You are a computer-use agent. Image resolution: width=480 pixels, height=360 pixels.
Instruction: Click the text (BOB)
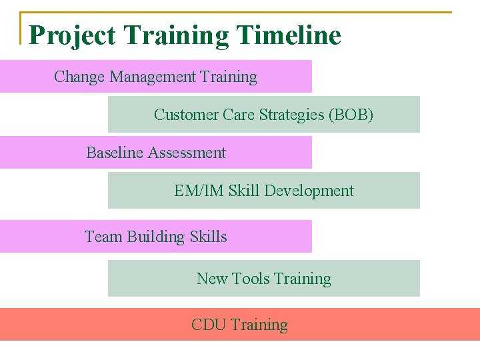pos(351,115)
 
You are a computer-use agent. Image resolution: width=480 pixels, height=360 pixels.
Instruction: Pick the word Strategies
pos(291,115)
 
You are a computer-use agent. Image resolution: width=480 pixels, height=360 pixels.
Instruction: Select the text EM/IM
pos(199,191)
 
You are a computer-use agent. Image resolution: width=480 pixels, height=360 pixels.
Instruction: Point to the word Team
pos(103,237)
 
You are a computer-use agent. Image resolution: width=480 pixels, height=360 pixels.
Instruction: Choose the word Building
pos(156,237)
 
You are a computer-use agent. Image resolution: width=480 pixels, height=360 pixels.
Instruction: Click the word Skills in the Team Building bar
pos(208,237)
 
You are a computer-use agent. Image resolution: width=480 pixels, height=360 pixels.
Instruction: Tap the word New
pos(212,279)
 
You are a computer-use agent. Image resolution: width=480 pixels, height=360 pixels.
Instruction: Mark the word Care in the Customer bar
pos(239,115)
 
